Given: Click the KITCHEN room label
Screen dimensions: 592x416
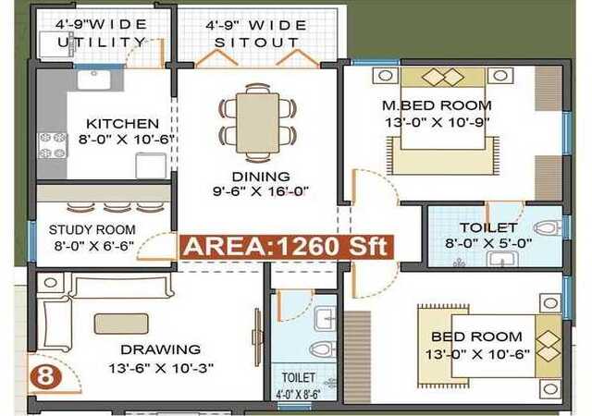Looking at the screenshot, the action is [122, 124].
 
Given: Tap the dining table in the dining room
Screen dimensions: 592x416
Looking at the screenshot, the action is [257, 123].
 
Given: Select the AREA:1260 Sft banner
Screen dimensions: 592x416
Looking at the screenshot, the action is [286, 247].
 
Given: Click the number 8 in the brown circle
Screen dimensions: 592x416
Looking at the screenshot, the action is [46, 375].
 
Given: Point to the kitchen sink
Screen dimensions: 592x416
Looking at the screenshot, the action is [94, 80].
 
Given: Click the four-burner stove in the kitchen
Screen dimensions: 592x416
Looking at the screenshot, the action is [53, 145].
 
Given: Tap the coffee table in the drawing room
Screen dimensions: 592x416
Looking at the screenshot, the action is [121, 324].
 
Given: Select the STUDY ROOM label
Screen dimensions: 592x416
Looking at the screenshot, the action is [92, 229].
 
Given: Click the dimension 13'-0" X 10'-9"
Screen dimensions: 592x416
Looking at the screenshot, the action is [438, 122].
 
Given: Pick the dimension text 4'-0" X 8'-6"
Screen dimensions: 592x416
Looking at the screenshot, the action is [298, 395].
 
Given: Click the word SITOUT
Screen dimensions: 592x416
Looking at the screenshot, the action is [257, 43].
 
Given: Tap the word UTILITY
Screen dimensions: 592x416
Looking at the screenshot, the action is [102, 42].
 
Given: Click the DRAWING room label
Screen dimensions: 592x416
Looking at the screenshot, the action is [160, 349].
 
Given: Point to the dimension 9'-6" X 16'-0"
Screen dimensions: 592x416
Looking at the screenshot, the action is [261, 191].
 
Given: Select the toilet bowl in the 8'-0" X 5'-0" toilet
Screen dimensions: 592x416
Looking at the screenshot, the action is [547, 227].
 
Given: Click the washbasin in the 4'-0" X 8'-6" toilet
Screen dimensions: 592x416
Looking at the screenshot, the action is [325, 319].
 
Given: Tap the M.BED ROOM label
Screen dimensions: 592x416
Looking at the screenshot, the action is [437, 105].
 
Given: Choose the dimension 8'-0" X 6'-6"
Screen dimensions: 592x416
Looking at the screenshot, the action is [94, 246].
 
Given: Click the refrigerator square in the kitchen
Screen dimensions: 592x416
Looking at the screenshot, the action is [151, 165].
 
